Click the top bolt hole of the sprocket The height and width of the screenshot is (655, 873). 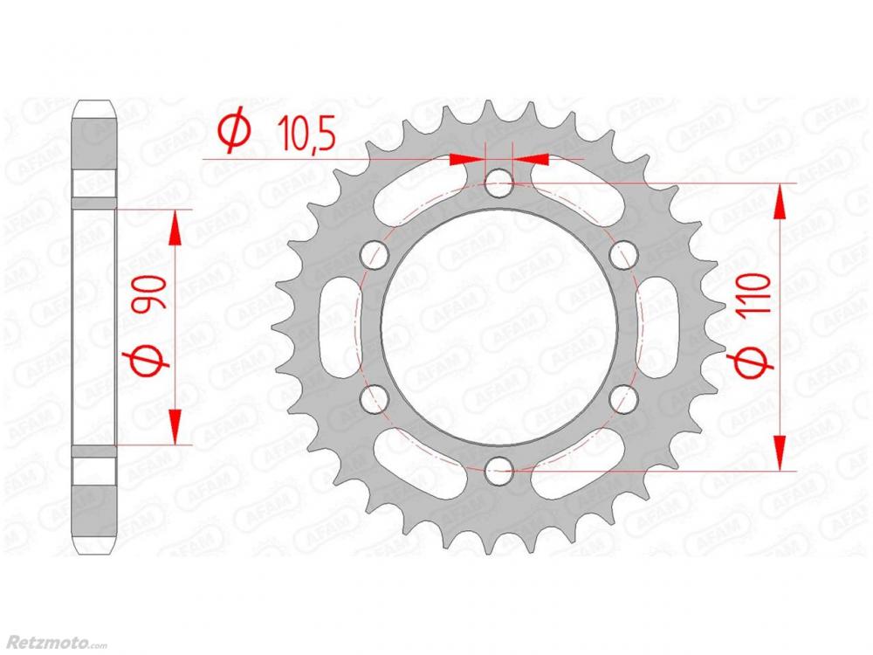tap(498, 183)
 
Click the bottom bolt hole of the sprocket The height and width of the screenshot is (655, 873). tap(498, 472)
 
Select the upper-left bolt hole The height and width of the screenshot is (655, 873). tap(375, 255)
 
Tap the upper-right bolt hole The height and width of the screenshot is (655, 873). tap(623, 255)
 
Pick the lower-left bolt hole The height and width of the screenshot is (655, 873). tap(375, 399)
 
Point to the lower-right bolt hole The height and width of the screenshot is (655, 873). tap(623, 399)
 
